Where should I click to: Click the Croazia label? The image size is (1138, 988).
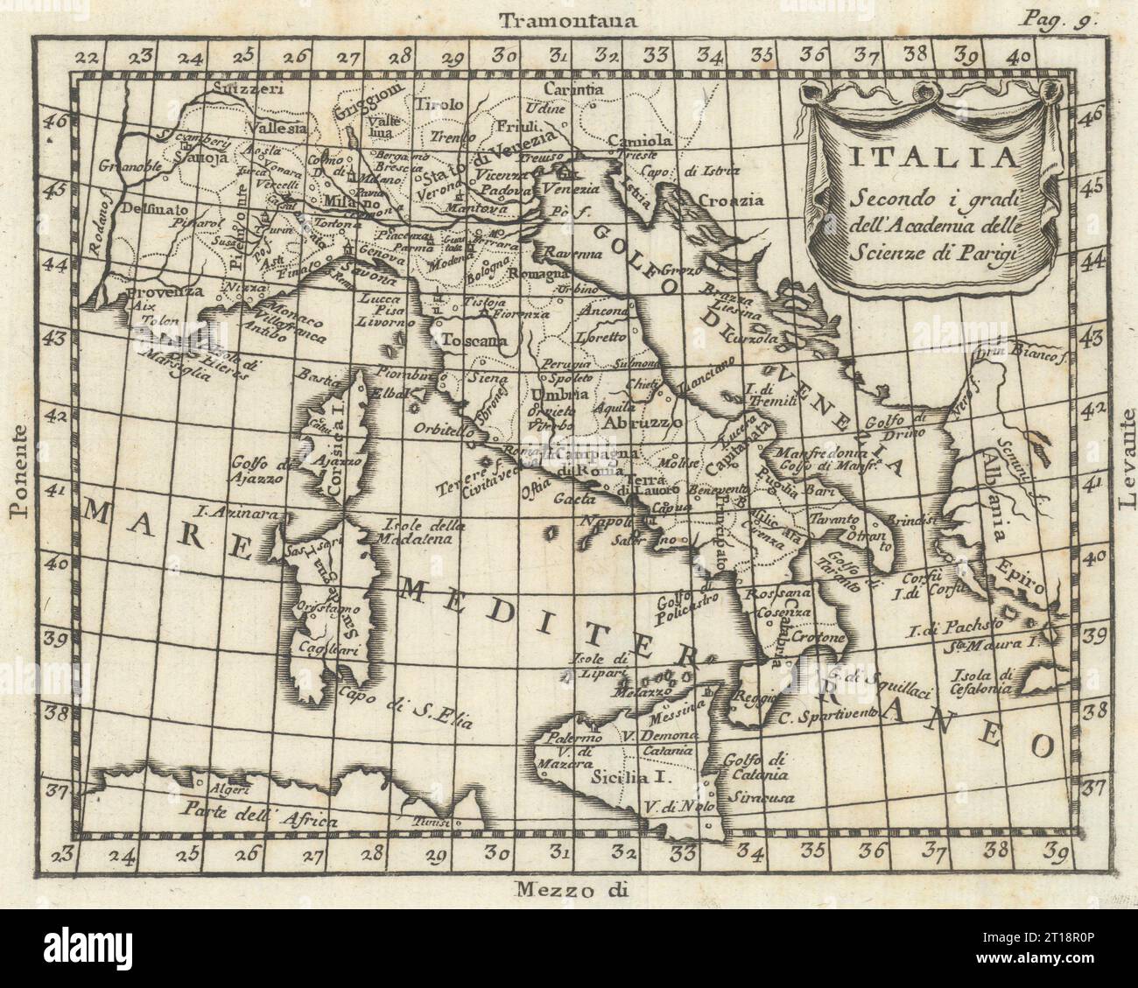coord(729,200)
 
